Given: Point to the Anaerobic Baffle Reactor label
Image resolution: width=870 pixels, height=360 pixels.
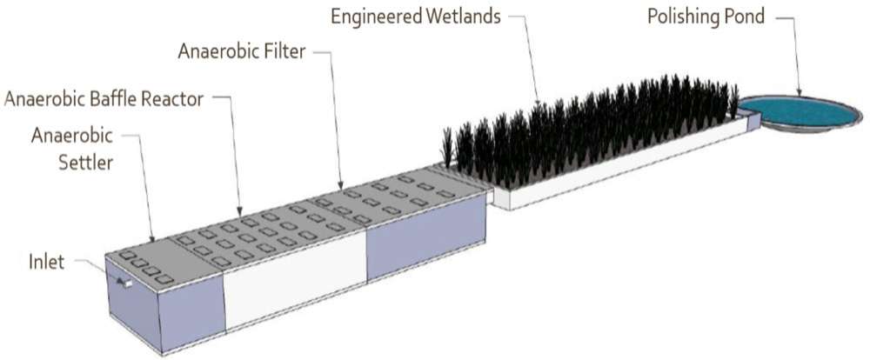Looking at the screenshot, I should coord(104,99).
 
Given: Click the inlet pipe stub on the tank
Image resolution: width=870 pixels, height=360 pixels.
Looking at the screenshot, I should coord(126,283).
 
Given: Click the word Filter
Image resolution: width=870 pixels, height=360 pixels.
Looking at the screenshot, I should coord(282,53).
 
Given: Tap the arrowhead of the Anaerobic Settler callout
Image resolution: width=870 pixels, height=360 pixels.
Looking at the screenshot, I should coord(152,239).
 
